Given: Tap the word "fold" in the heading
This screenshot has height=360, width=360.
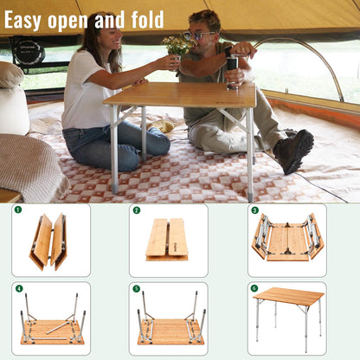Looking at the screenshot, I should coord(146,19).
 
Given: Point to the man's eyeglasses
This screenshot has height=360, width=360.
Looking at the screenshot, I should coord(198,35).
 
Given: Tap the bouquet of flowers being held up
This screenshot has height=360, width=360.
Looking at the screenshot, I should coord(177,45).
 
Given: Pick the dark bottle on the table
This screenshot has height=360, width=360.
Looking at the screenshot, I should coord(232,73).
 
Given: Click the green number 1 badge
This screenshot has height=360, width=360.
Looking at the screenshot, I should coord(18,209).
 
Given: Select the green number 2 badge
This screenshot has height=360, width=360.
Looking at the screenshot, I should coord(136,209).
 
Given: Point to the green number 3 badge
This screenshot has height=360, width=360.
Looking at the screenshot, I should coord(254,209).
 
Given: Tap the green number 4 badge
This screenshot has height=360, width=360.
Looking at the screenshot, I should coord(18,288).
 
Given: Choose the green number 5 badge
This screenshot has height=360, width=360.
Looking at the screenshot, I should coord(136,288).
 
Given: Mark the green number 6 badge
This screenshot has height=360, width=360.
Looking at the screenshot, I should coord(254,288).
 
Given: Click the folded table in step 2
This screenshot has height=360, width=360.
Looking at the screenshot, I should coord(167,239).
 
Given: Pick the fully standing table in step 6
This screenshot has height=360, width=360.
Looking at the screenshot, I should coord(287,312).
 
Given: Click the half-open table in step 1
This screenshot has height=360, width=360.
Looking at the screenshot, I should coord(48,241).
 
